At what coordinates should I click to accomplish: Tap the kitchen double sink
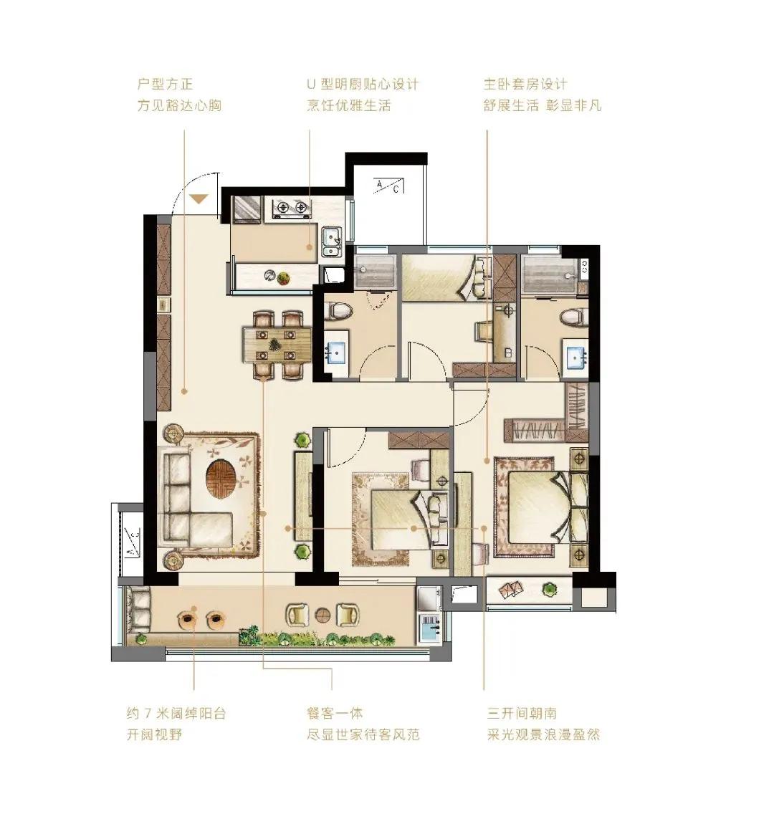point(330,242)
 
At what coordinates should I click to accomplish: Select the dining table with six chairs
point(278,345)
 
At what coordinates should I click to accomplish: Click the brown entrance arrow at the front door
point(199,198)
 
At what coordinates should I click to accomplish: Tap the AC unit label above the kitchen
point(388,186)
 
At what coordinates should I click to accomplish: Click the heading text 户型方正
point(165,84)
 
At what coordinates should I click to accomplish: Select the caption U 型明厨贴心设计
point(363,84)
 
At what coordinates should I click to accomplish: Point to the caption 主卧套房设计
point(525,84)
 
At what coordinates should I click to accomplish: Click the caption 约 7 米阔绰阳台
point(176,713)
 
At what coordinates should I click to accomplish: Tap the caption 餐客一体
point(335,713)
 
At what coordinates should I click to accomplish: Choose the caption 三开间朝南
point(522,713)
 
